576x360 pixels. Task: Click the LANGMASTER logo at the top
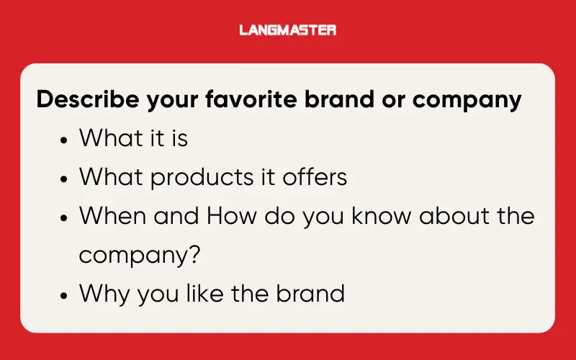click(x=287, y=30)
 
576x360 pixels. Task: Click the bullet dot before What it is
click(x=64, y=139)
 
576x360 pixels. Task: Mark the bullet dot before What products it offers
click(x=64, y=178)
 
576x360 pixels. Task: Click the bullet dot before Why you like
click(x=64, y=294)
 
